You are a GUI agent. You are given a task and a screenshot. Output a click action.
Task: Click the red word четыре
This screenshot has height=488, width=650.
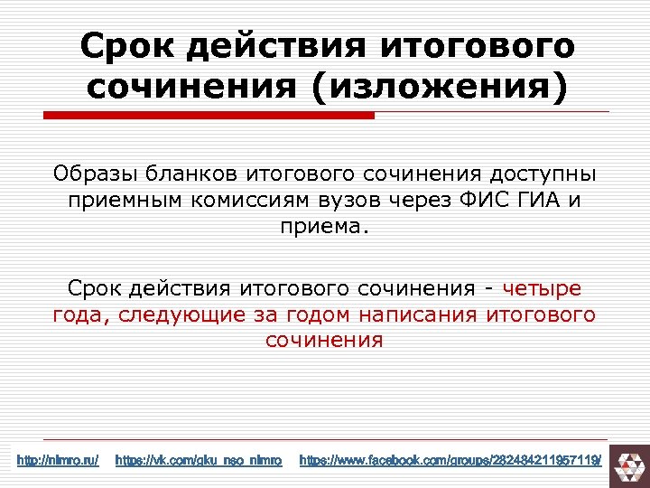542,288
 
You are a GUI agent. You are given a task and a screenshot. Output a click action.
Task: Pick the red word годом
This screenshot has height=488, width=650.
317,314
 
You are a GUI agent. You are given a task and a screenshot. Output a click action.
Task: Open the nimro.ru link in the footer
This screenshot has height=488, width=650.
58,461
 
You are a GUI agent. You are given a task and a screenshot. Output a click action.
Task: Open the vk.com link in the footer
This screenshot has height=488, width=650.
199,461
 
